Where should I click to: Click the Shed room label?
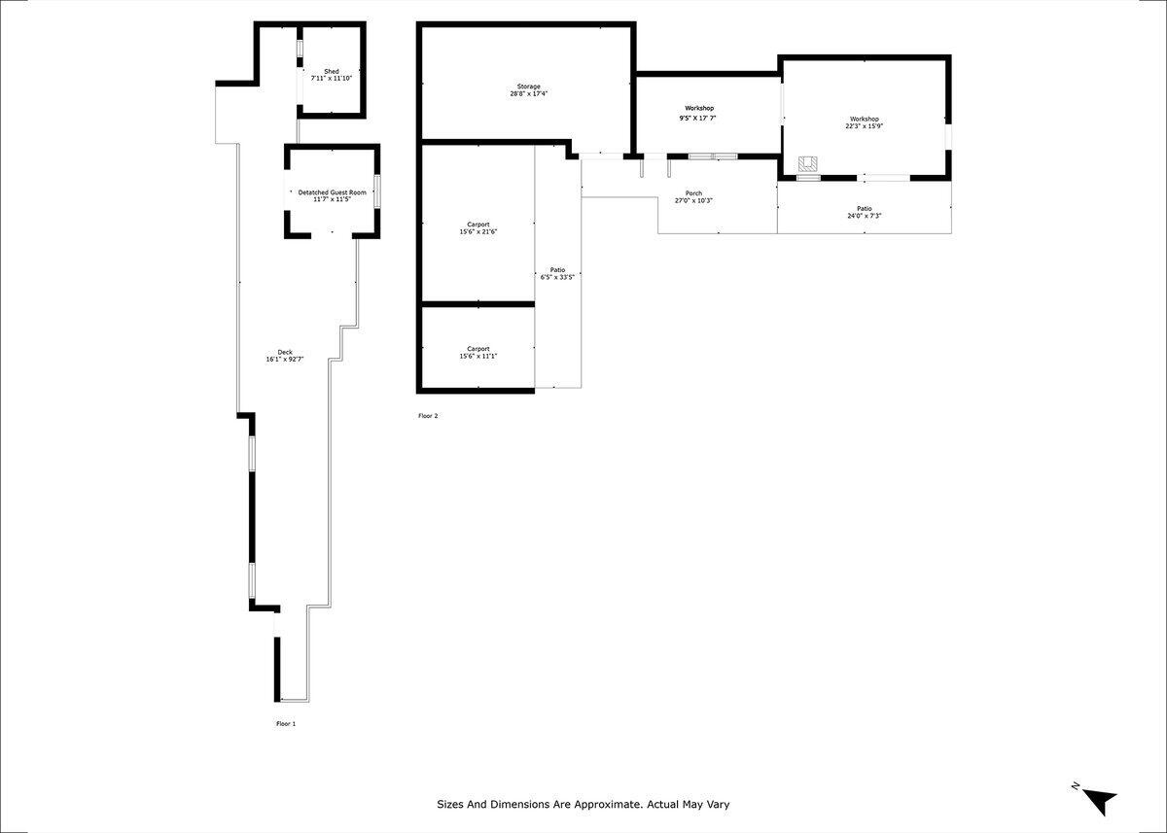coord(332,71)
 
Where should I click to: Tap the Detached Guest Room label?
coord(332,192)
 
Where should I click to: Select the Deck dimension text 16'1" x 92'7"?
coord(285,360)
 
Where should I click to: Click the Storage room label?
coord(528,87)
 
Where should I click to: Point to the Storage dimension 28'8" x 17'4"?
coord(528,94)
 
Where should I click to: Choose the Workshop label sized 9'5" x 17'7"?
coord(698,108)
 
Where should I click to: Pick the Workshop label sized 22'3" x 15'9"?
coord(864,119)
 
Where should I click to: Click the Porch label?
coord(693,193)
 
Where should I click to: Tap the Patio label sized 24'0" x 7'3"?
coord(864,209)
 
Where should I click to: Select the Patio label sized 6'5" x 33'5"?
coord(557,269)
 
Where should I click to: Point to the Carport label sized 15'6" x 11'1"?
coord(477,348)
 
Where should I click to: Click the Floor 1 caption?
coord(285,723)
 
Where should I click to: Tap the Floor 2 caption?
coord(428,416)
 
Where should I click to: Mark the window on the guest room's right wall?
coord(378,191)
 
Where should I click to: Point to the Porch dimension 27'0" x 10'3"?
coord(693,201)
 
